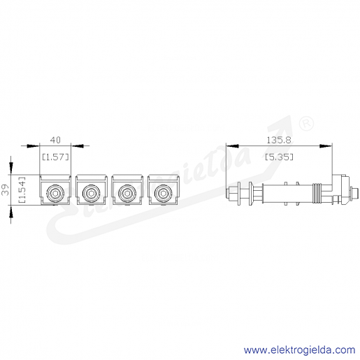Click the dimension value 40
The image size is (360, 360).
coord(55,140)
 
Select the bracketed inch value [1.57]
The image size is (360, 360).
coord(55,157)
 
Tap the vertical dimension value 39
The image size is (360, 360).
coord(6,189)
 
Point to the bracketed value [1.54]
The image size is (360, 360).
coord(22,189)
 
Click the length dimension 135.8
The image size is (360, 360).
coord(279,140)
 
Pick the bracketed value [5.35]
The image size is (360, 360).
coord(279,157)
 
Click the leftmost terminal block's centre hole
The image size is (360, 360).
coord(55,193)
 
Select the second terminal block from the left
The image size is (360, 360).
coord(92,190)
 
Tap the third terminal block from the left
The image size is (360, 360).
coord(127,190)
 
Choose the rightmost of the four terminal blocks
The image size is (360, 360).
coord(164,190)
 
